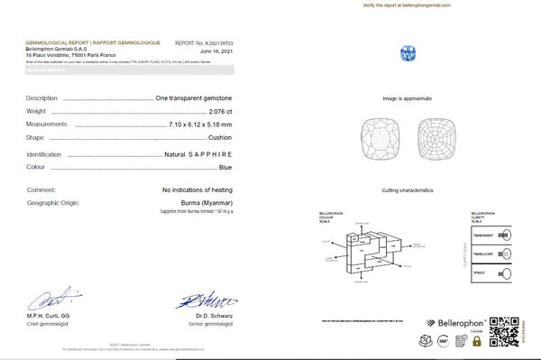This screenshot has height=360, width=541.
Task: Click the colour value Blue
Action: [x=226, y=168]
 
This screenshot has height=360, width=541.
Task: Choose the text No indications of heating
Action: [x=197, y=190]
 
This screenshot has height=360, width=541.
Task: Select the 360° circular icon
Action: [x=443, y=341]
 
